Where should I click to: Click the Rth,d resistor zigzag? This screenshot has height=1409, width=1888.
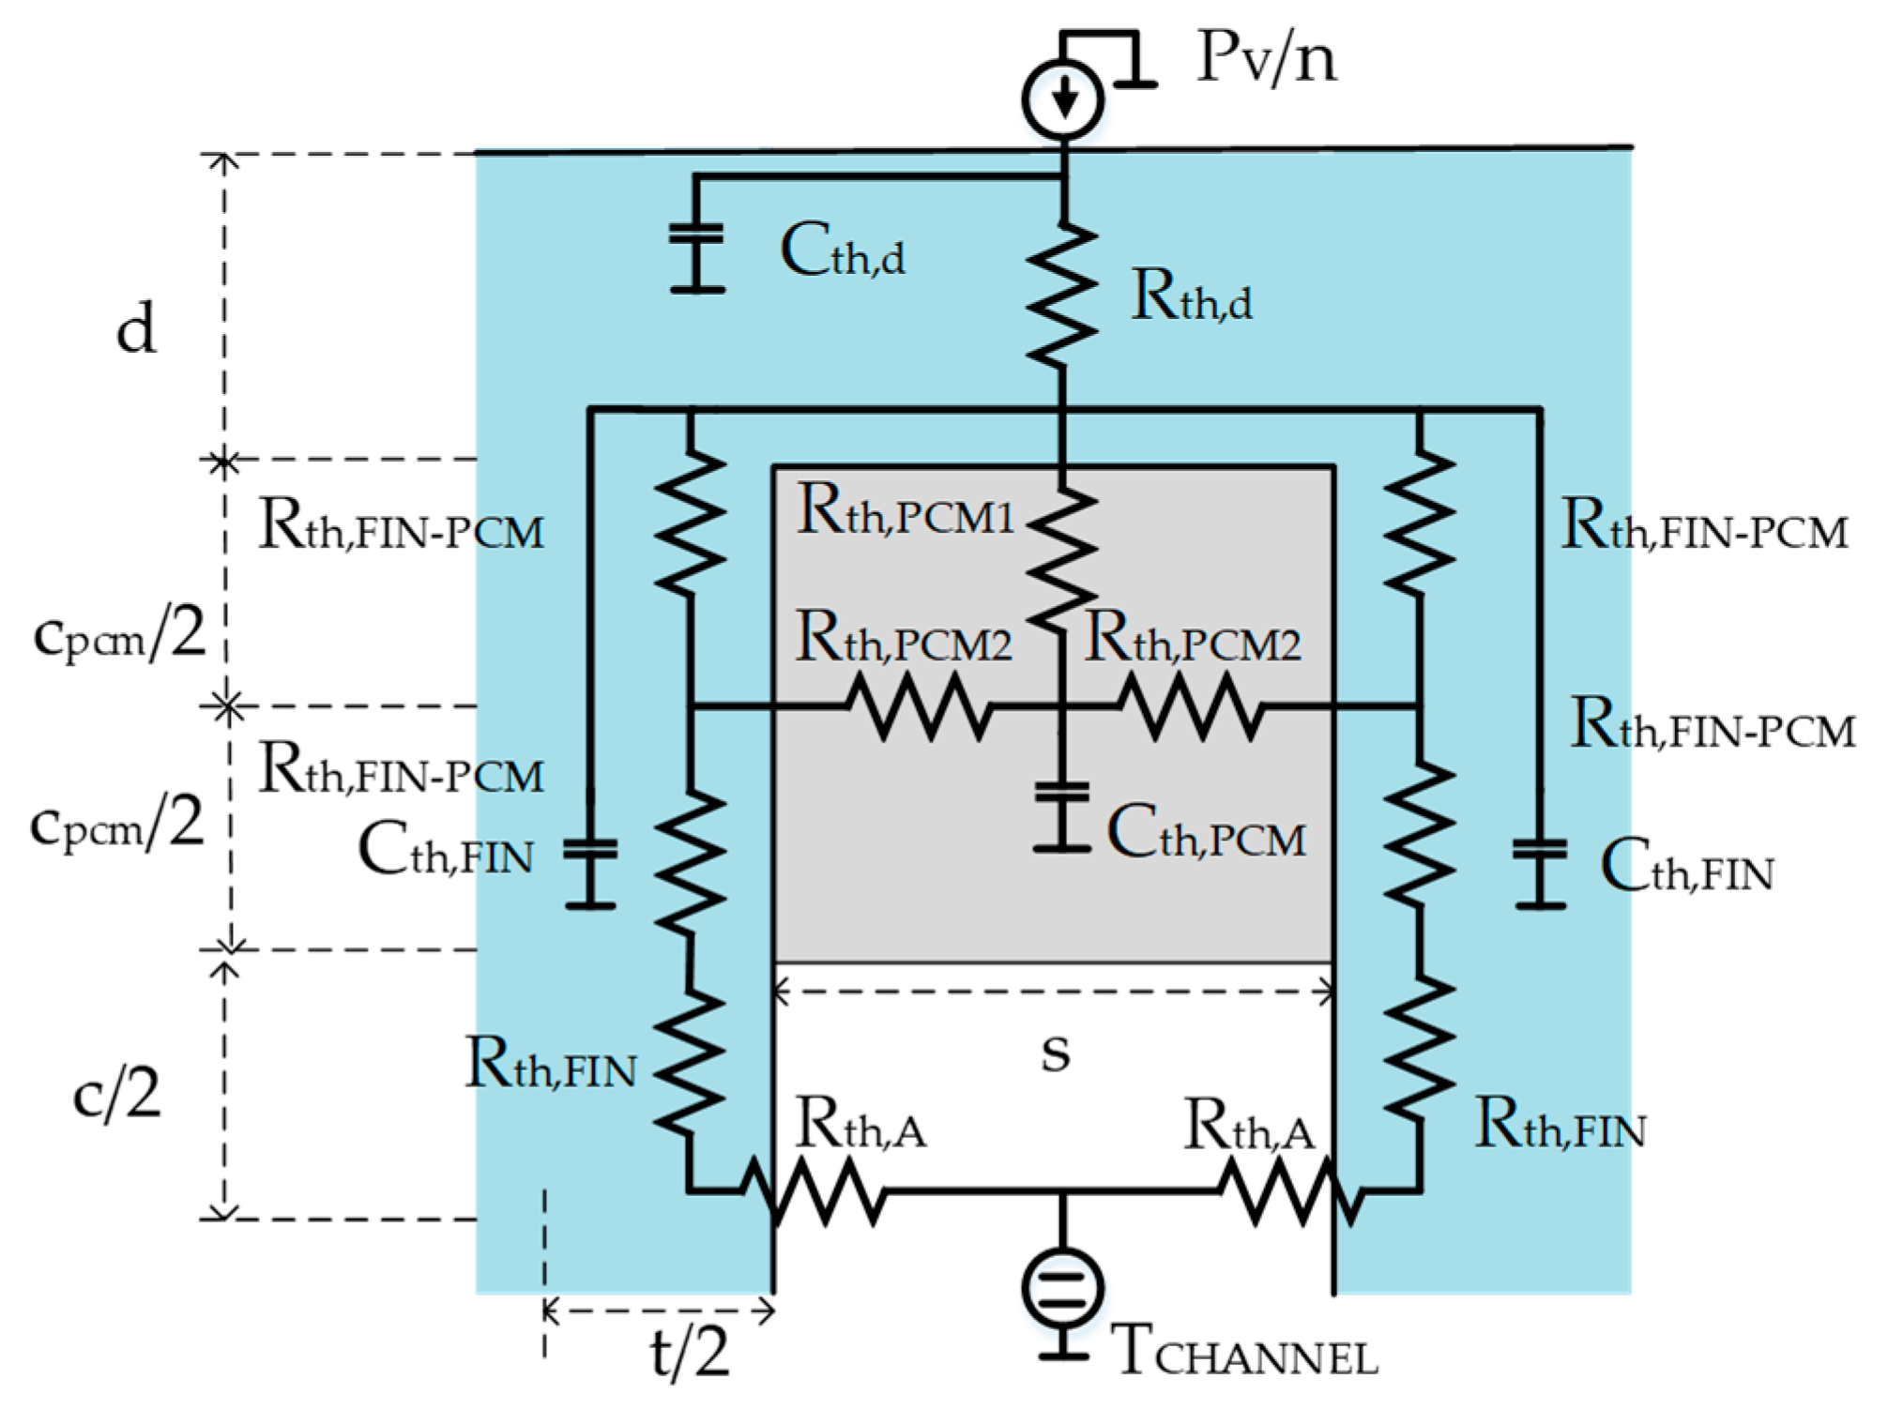coord(1062,294)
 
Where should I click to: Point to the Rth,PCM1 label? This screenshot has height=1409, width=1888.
coord(905,512)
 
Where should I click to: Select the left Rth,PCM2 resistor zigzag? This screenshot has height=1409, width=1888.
coord(920,708)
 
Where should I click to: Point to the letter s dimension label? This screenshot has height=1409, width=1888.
coord(1056,1053)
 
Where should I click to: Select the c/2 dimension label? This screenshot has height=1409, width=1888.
coord(117,1094)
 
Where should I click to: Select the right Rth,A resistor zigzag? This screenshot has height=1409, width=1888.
coord(1290,1192)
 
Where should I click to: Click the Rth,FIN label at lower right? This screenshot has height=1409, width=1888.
coord(1561,1125)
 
